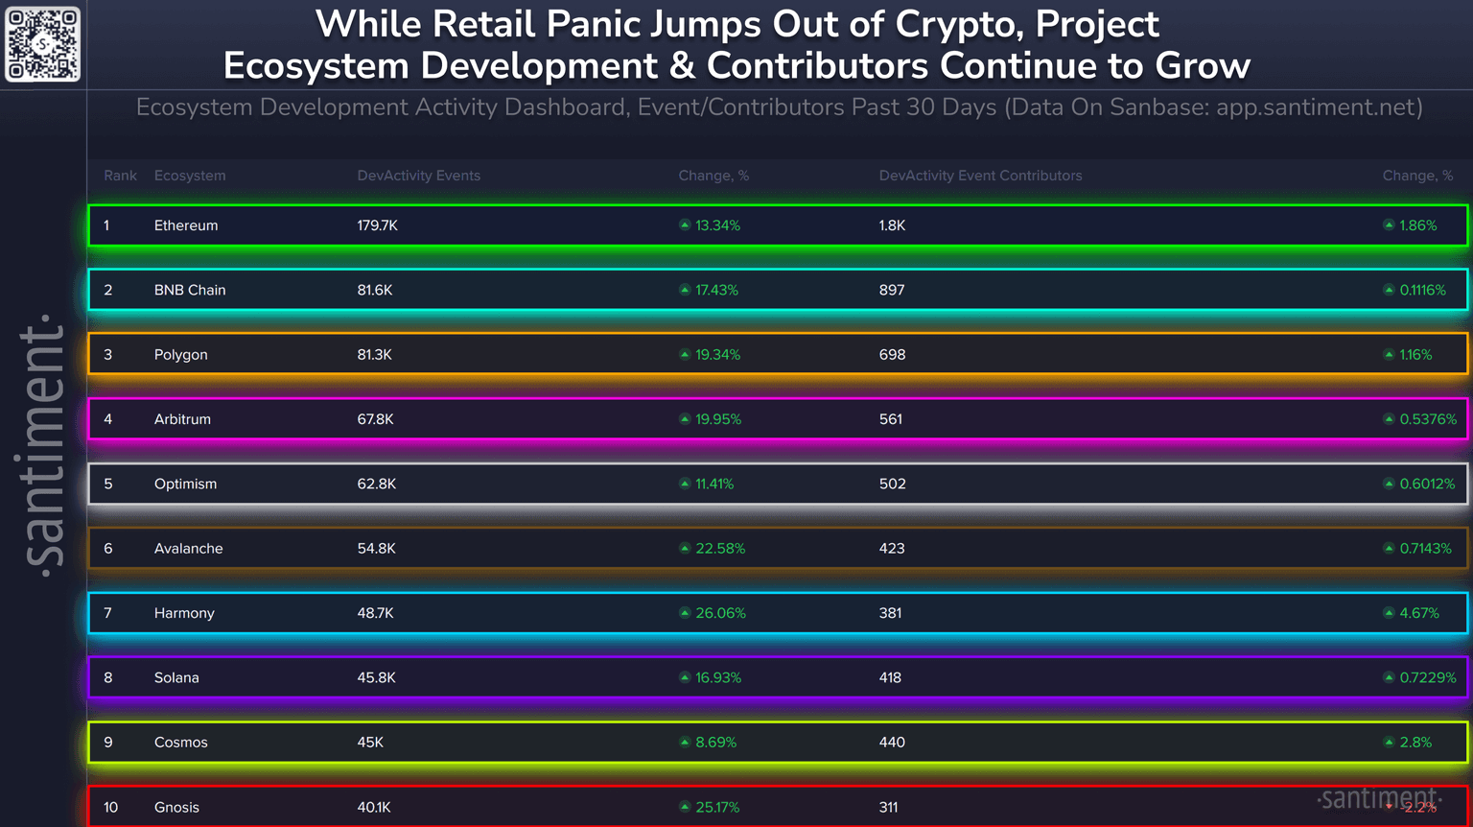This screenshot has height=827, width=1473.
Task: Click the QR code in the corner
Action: [43, 44]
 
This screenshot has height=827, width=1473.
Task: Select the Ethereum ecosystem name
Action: [186, 225]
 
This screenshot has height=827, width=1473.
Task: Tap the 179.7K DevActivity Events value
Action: [377, 225]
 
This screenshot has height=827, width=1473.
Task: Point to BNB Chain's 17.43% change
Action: [716, 290]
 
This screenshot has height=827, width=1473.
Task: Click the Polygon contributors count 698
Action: [892, 354]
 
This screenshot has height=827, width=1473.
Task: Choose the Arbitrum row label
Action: [182, 419]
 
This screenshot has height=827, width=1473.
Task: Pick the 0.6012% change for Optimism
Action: [1427, 484]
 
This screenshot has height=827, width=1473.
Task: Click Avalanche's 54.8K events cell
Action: [376, 549]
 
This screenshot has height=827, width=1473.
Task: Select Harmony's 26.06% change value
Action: [720, 613]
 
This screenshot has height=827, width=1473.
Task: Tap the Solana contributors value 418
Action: [890, 677]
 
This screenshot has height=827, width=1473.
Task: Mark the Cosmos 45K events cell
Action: [370, 743]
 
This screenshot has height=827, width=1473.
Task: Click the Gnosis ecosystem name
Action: [176, 807]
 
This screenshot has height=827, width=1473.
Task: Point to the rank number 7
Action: [107, 613]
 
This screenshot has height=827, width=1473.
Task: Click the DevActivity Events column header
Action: [418, 176]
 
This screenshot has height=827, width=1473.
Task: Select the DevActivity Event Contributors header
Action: [980, 176]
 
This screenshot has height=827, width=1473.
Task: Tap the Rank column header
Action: [120, 176]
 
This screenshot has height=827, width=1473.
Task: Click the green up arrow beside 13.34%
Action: [685, 225]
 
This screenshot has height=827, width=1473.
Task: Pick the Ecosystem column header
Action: [190, 176]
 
